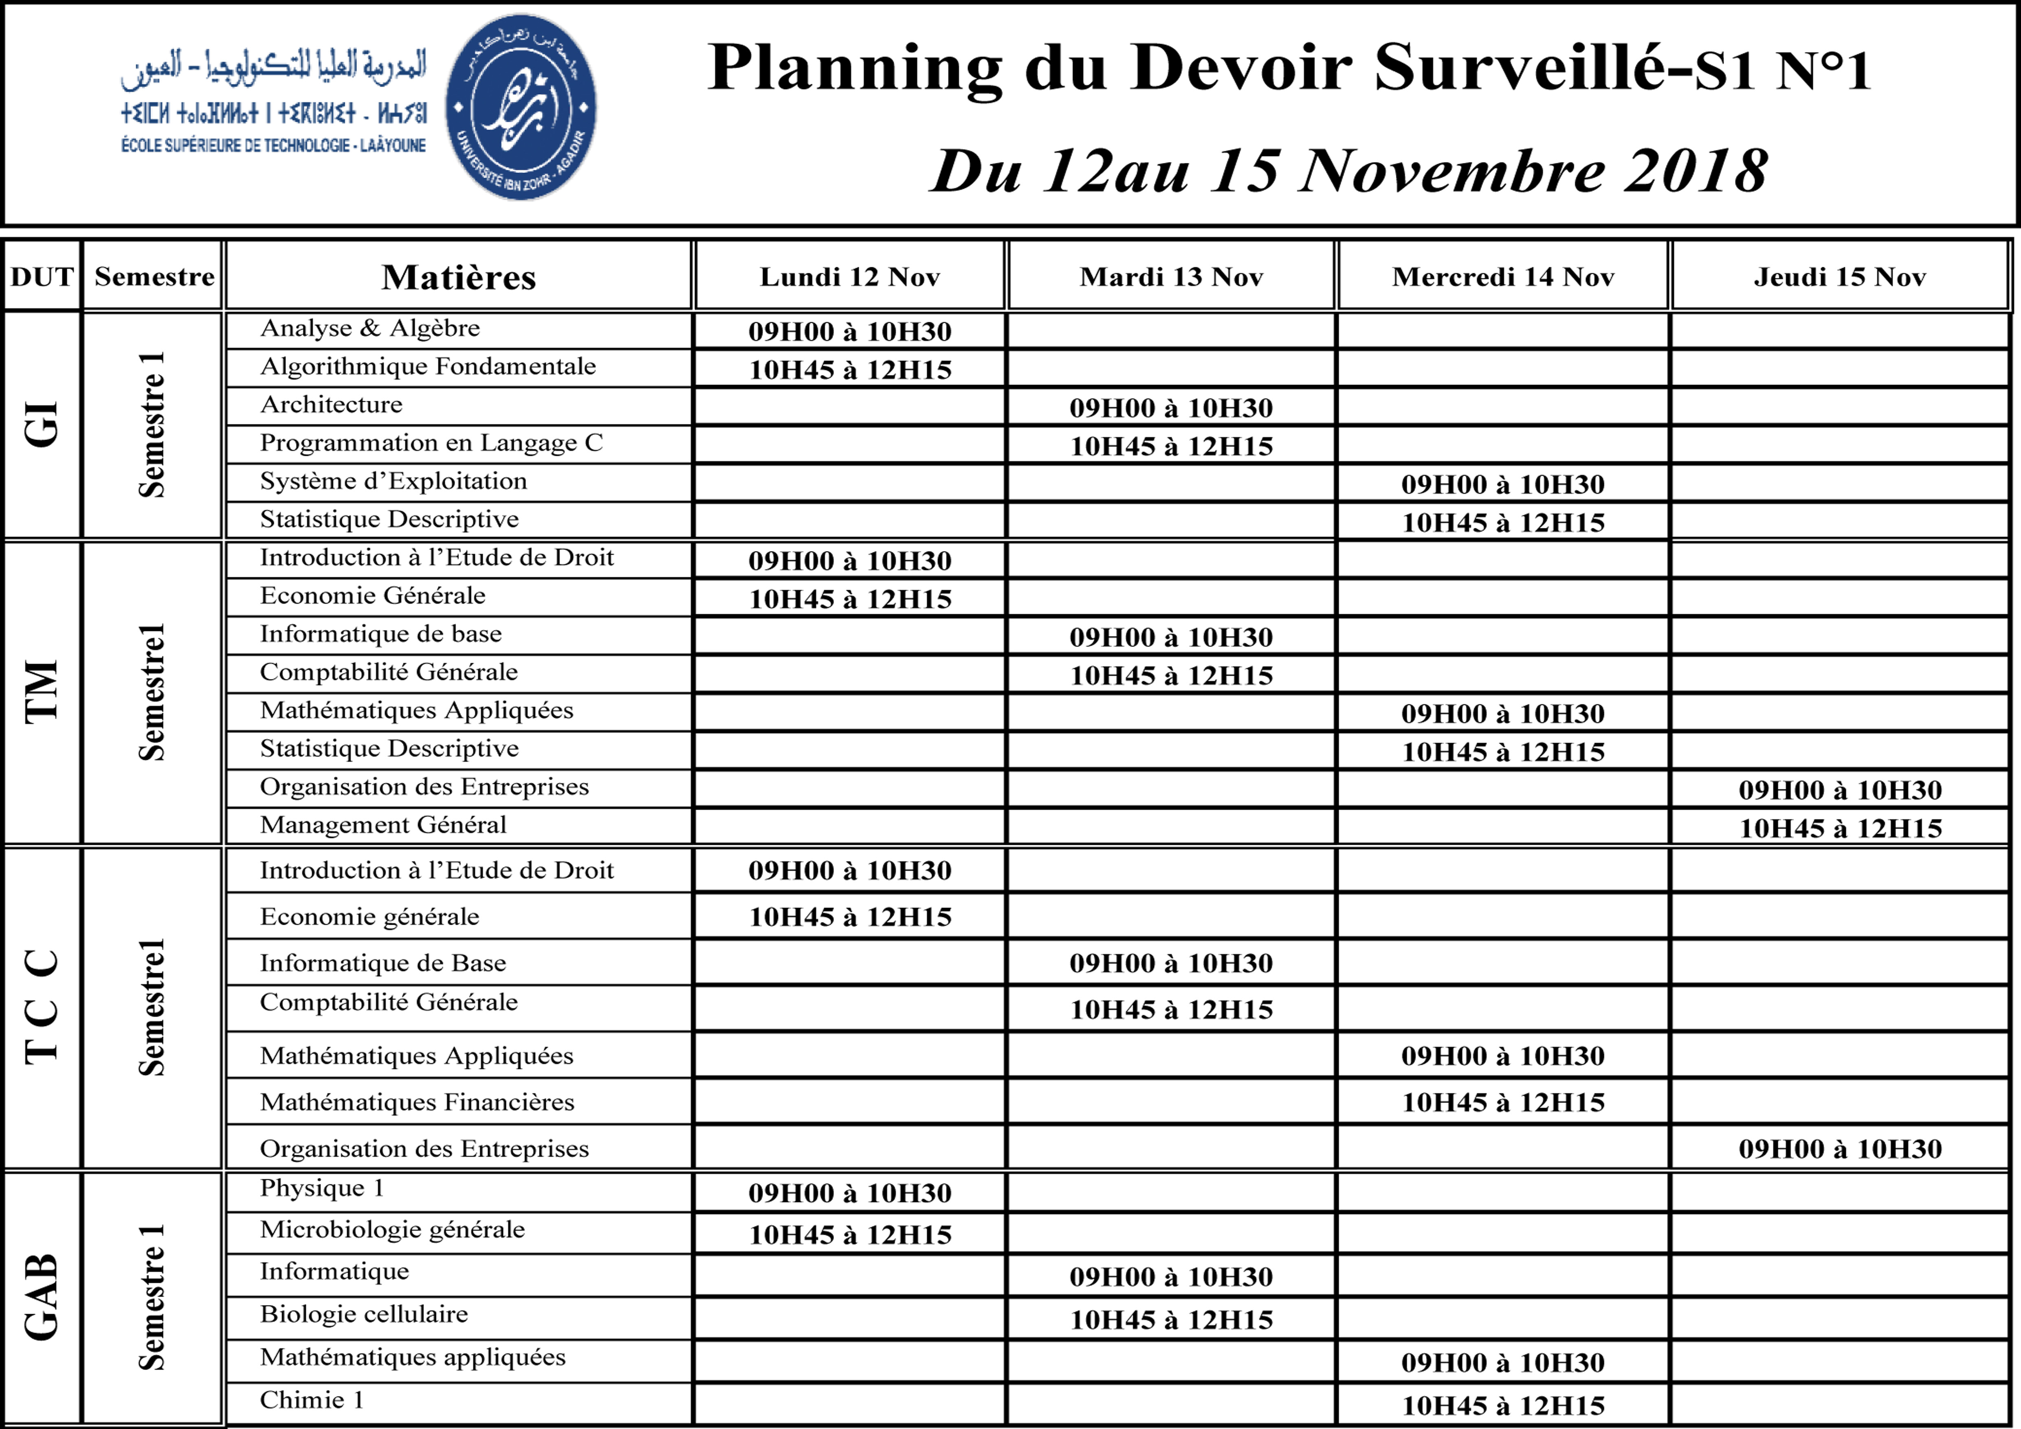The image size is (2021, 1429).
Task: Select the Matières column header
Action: [459, 277]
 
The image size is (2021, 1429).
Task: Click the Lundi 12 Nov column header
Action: [849, 277]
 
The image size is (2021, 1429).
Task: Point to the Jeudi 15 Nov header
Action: [1840, 277]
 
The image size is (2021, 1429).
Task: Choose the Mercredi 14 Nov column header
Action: [1502, 277]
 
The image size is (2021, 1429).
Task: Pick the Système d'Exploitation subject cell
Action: [394, 481]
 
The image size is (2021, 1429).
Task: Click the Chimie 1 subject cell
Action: [312, 1400]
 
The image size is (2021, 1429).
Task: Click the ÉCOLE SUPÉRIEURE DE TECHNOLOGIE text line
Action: [274, 145]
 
